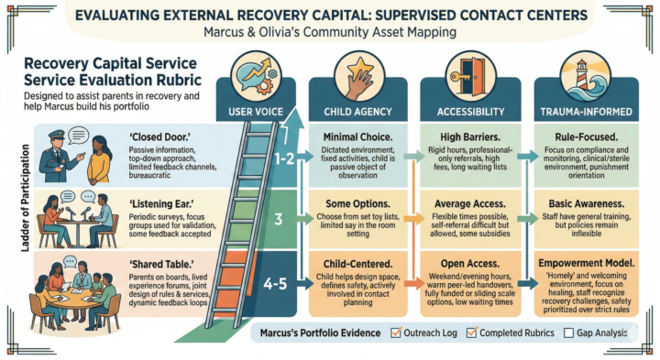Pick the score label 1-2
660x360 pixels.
coord(286,158)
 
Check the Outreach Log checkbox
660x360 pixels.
coord(396,333)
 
